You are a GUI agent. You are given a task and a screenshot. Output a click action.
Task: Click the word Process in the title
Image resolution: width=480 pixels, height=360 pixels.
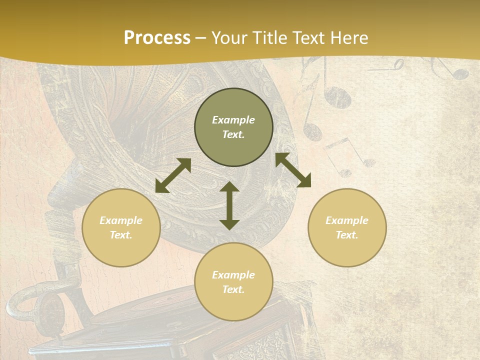157,38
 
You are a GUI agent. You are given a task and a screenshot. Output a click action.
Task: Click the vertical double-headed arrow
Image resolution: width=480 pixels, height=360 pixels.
229,206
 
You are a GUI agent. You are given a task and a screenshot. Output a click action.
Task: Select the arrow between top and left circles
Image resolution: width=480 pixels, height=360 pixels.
173,175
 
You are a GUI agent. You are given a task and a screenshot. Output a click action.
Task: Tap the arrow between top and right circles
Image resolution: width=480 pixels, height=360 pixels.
293,170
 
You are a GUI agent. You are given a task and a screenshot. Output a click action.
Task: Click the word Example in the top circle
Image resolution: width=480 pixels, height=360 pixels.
233,120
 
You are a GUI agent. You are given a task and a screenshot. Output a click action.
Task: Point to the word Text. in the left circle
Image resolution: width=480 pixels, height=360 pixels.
121,235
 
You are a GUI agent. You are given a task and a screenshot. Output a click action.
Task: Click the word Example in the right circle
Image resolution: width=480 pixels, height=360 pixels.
347,220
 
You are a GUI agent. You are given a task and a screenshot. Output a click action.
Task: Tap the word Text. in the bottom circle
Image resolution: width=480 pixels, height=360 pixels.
233,289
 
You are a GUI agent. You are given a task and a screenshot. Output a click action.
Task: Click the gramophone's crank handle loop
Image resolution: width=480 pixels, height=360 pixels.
22,305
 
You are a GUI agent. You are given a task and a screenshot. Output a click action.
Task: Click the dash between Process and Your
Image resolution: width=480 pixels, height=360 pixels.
201,38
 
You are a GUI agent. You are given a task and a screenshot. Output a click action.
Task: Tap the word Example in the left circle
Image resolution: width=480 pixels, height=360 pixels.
121,220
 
